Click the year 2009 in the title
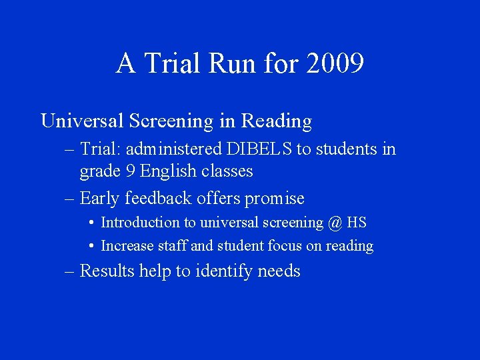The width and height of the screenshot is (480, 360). pos(335,64)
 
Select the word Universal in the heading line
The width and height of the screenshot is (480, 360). pos(82,121)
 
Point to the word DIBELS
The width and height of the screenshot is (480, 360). pos(259,149)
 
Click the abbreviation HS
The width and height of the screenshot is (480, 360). pos(357,223)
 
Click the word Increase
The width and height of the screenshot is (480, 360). pos(127,246)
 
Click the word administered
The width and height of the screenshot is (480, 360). pos(175,149)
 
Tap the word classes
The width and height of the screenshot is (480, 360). pos(230,171)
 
